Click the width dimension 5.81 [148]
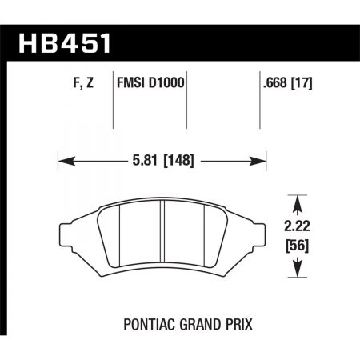162,160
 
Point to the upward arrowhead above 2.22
298,201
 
